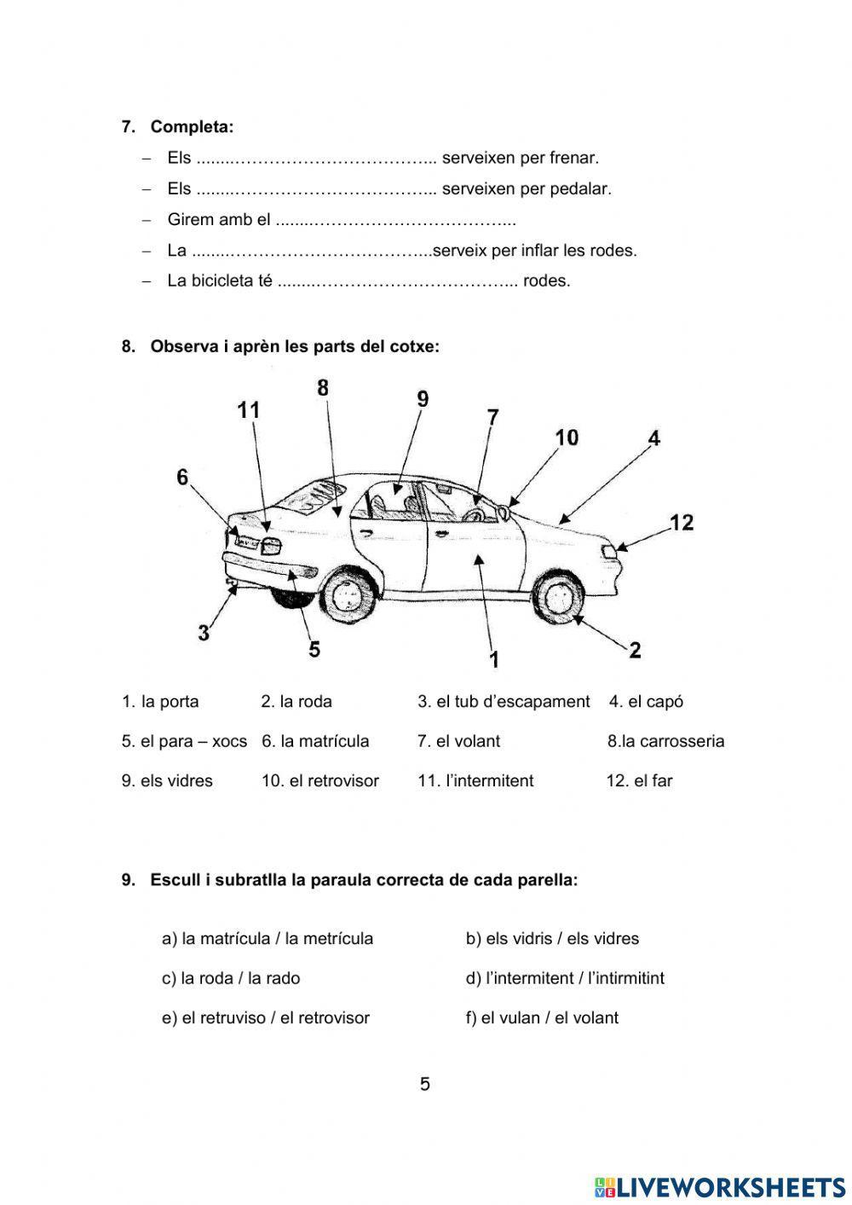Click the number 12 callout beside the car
click(682, 522)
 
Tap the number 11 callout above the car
click(248, 411)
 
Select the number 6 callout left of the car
click(182, 478)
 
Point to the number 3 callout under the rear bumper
click(204, 634)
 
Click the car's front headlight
click(610, 552)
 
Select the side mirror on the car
click(504, 511)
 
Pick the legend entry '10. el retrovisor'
click(319, 780)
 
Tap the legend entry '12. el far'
click(639, 780)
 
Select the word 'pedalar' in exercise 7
click(582, 188)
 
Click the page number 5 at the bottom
click(425, 1085)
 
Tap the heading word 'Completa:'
click(192, 127)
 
